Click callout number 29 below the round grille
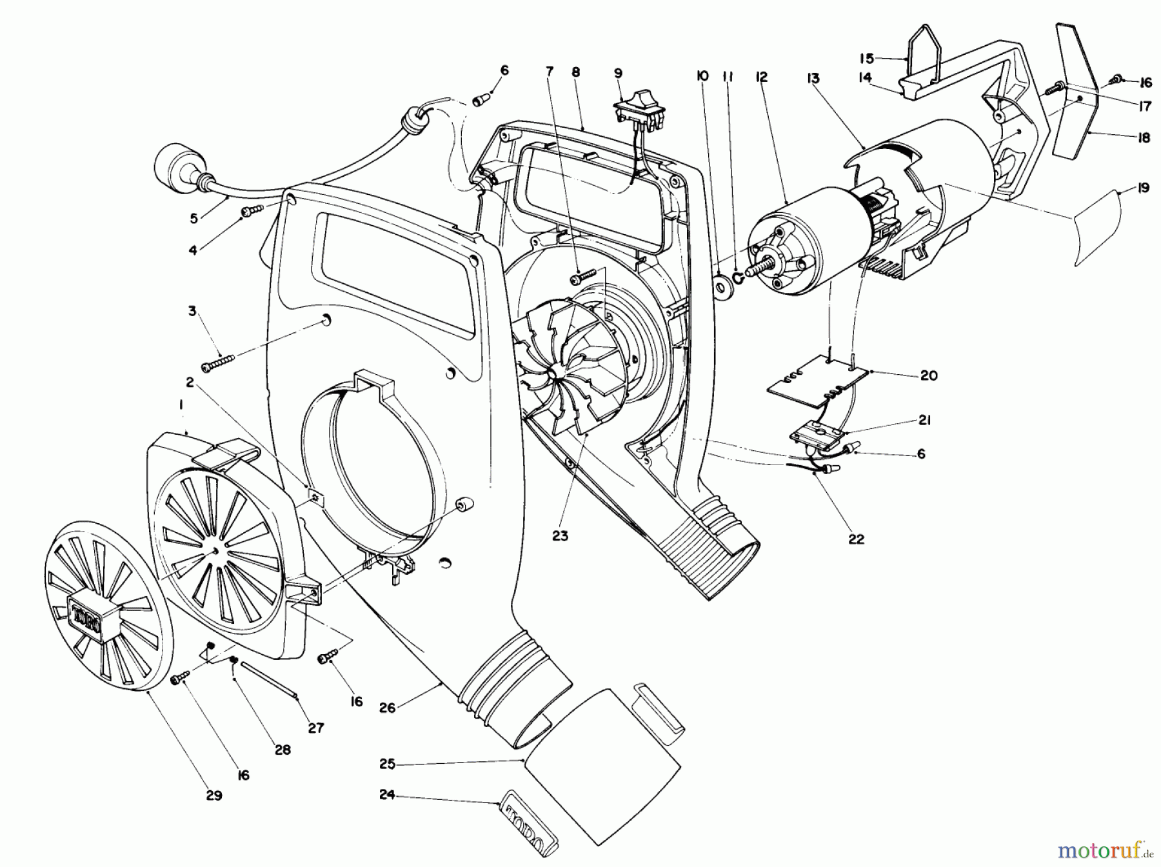click(214, 795)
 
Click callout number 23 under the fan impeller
click(560, 535)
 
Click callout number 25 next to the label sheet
click(387, 764)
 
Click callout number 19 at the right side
click(1143, 189)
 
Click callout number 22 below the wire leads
click(856, 539)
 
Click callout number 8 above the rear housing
click(575, 73)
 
